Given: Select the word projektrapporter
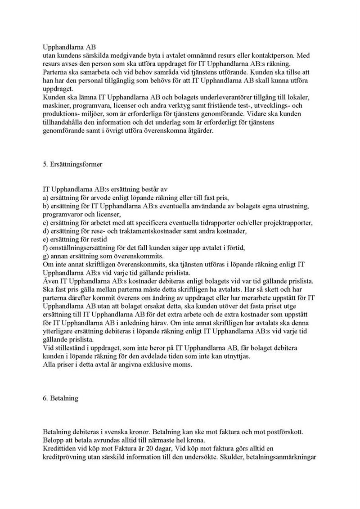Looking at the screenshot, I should [287, 223].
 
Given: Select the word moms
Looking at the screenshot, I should [183, 366].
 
